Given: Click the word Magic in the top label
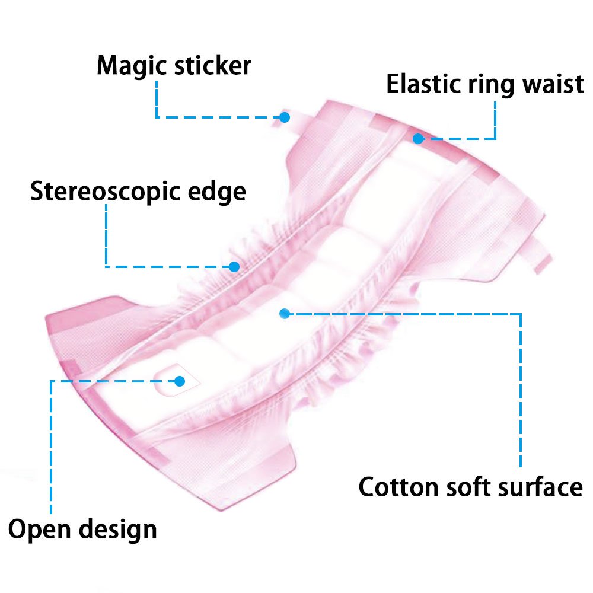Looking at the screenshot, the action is [x=132, y=66].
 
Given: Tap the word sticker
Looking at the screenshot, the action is [x=213, y=65].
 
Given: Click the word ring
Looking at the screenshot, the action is [x=491, y=85].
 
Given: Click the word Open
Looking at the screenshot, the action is [x=39, y=530].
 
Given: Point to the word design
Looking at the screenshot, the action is [x=117, y=530].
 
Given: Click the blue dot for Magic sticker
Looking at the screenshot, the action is [x=285, y=117].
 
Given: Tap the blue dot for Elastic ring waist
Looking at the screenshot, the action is [x=418, y=139].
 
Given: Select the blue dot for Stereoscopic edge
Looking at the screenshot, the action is [x=234, y=267].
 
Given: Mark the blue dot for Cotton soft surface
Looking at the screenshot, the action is [x=285, y=314].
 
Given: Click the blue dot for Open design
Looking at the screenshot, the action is [x=180, y=381].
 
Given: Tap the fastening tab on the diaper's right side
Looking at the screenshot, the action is [x=539, y=254].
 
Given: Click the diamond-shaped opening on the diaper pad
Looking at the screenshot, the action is [x=177, y=380].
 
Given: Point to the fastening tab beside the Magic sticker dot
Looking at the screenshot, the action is [x=299, y=121].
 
